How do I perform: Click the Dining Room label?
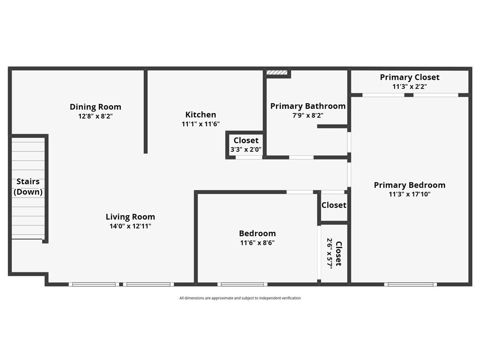pos(95,107)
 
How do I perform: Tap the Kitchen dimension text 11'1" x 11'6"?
pos(201,124)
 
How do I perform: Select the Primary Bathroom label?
pos(308,106)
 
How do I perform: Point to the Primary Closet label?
pos(410,77)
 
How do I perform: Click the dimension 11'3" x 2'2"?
pos(410,87)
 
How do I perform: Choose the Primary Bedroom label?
pos(410,185)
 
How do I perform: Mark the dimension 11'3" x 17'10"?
pos(410,195)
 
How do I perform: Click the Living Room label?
pos(130,217)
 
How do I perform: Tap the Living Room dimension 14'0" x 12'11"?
pos(130,226)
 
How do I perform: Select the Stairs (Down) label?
pos(28,187)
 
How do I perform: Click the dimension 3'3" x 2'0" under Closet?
pos(246,150)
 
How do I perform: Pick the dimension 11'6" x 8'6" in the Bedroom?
pos(257,243)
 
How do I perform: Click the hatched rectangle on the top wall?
pos(277,73)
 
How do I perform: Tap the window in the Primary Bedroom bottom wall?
pos(411,284)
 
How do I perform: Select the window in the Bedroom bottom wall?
pos(242,284)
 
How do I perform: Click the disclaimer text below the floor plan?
pos(240,298)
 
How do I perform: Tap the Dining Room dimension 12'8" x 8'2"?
pos(95,116)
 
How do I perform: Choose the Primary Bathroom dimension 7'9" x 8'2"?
pos(308,115)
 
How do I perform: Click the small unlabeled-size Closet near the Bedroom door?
pos(334,205)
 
